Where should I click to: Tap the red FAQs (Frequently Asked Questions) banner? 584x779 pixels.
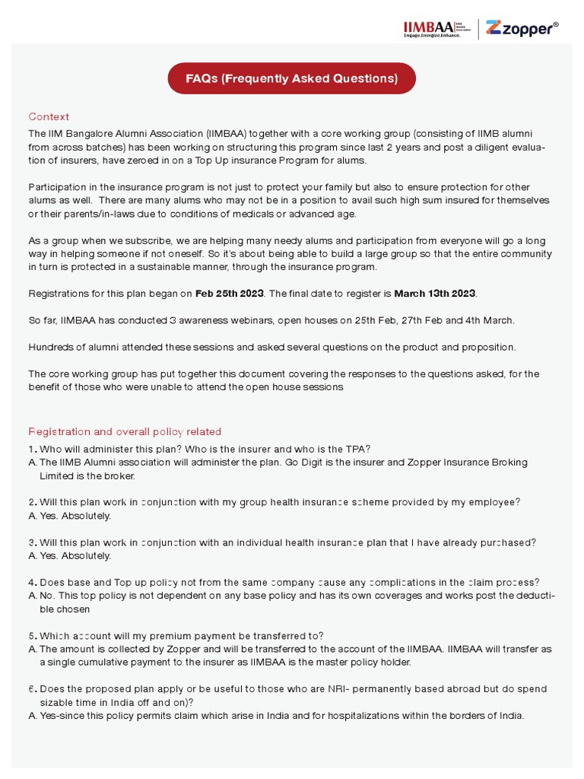click(291, 78)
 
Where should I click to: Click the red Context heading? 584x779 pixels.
click(49, 116)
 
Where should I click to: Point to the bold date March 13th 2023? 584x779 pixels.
click(436, 293)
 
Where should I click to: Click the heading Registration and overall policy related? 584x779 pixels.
click(125, 431)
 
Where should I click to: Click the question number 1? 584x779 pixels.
click(32, 449)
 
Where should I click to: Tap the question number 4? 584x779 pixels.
click(32, 582)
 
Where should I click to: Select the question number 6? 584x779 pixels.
click(32, 688)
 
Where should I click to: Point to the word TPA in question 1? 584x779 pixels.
click(358, 449)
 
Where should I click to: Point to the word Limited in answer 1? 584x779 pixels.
click(59, 475)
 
